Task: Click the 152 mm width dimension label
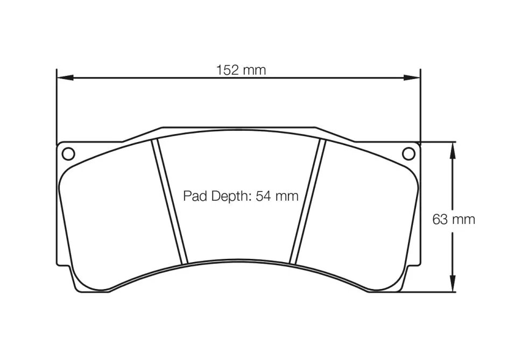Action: [241, 70]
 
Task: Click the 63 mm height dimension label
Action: [454, 219]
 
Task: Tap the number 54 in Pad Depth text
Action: [263, 196]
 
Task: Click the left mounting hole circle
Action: [68, 153]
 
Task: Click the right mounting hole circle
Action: [409, 153]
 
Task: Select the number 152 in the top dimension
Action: [226, 70]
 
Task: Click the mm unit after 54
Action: [286, 196]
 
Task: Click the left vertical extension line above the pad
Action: [57, 108]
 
